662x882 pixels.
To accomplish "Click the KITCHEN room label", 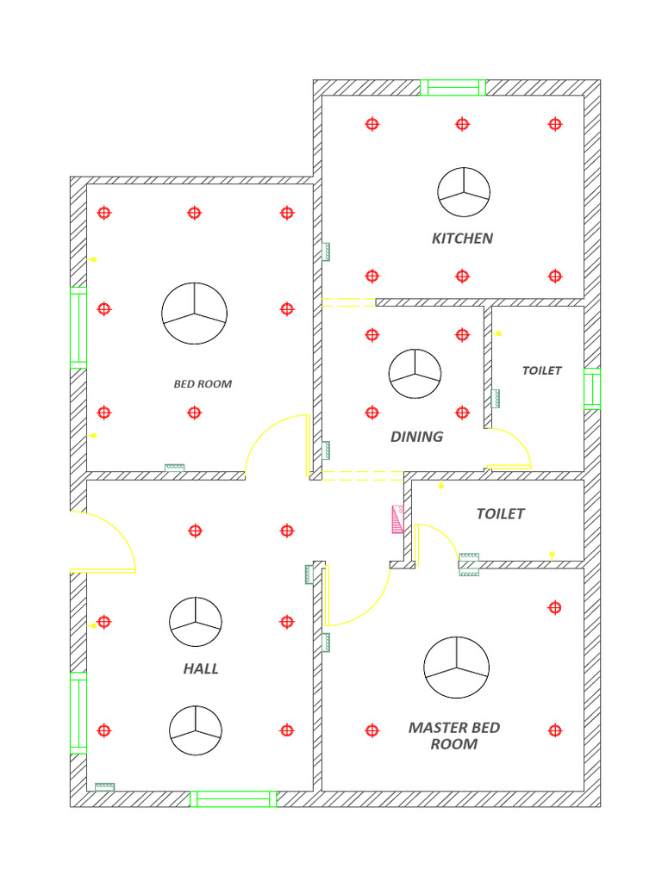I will (x=462, y=238).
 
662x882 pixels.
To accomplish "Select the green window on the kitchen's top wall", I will (x=453, y=87).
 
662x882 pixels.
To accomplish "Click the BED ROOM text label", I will (x=203, y=384).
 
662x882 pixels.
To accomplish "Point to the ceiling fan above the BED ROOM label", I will (x=195, y=313).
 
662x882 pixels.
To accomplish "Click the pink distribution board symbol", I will (x=397, y=519).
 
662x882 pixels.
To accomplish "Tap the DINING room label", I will (x=416, y=437).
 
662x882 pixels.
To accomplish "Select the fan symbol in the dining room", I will (x=415, y=374).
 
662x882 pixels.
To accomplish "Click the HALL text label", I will (x=201, y=668).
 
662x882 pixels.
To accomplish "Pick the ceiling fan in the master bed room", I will (x=456, y=668).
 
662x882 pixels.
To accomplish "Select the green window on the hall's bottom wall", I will (x=233, y=799).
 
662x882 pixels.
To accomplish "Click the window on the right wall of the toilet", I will (x=591, y=387).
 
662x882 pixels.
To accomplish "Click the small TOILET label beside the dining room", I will (x=541, y=370).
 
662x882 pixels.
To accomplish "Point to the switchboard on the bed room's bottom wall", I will (x=175, y=468).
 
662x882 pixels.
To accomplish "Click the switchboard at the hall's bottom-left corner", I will (x=105, y=786).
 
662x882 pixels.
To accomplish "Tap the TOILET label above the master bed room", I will (x=500, y=513).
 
